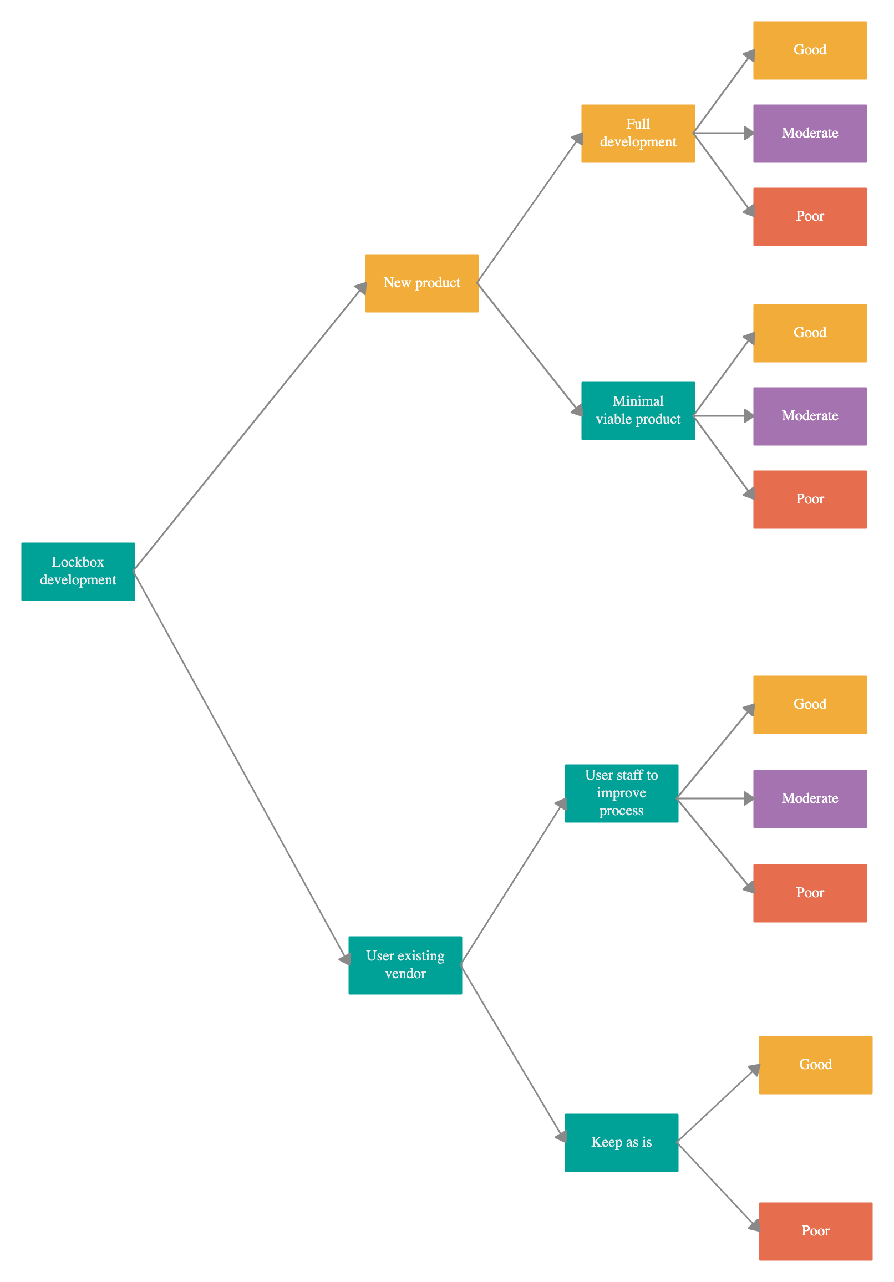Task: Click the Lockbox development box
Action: (78, 571)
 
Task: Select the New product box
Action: (421, 283)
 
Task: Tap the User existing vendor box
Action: (405, 965)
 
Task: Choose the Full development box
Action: (638, 134)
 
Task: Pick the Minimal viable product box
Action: (638, 410)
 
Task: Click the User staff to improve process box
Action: (621, 793)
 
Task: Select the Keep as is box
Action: (621, 1142)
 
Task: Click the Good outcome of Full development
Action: (810, 50)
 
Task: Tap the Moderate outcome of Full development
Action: (810, 134)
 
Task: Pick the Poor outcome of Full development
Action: (810, 217)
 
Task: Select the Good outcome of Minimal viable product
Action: (810, 333)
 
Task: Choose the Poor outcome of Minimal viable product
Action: (810, 499)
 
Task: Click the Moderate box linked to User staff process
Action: (810, 798)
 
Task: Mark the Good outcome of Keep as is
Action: (815, 1065)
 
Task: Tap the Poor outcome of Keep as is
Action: (815, 1231)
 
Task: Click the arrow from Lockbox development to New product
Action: (248, 428)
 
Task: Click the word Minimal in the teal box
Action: (638, 401)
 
